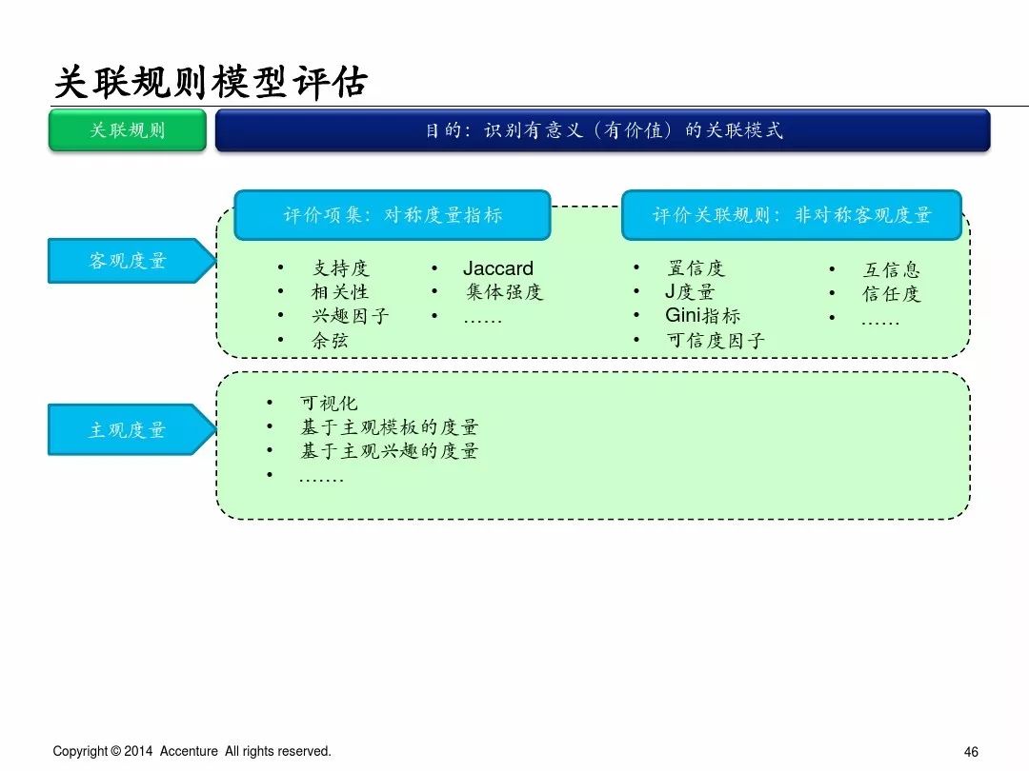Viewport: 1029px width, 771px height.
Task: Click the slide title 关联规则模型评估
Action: (210, 82)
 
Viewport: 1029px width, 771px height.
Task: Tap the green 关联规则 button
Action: (128, 130)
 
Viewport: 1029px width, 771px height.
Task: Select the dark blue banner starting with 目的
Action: (602, 130)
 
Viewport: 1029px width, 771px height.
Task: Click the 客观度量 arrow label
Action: (128, 261)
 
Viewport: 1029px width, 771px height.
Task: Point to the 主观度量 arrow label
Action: (128, 429)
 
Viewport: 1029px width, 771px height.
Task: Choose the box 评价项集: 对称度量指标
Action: (392, 215)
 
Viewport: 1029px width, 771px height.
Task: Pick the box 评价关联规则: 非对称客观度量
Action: (791, 215)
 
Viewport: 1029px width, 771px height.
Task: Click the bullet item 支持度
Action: (340, 268)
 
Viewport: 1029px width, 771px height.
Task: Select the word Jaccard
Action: (498, 268)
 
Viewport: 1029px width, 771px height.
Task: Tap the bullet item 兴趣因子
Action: (350, 316)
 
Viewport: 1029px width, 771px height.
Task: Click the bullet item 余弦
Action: (330, 340)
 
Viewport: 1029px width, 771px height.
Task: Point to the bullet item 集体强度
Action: (503, 292)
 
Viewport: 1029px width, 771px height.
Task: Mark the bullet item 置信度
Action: (696, 268)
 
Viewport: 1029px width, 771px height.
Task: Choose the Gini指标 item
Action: (702, 316)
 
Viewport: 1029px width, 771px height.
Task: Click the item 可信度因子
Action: (715, 340)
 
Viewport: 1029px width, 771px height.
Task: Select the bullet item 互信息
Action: (891, 269)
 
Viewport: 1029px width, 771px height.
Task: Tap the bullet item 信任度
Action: (891, 293)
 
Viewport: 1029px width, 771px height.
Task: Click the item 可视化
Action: (329, 404)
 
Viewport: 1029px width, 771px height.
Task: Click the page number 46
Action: (971, 751)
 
